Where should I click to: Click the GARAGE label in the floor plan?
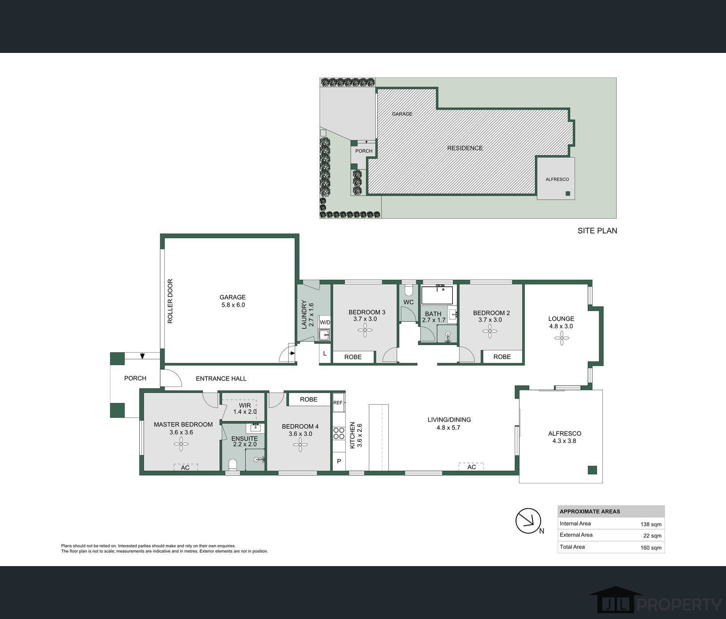[x=233, y=297]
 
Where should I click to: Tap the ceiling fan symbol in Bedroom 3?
[x=365, y=330]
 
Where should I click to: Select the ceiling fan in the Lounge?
[x=561, y=338]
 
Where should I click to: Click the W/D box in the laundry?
[x=325, y=322]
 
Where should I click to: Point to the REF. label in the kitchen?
[x=338, y=402]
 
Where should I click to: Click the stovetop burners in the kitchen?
[x=339, y=434]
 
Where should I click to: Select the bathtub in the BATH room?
[x=437, y=295]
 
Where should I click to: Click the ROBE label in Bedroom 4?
[x=308, y=399]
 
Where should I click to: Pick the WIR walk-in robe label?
[x=245, y=405]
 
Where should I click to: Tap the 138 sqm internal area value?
[x=651, y=524]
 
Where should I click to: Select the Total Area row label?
[x=572, y=547]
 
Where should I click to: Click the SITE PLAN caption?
[x=597, y=231]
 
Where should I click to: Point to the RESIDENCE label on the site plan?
[x=465, y=148]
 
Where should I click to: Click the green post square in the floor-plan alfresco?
[x=592, y=470]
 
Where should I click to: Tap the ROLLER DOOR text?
[x=170, y=301]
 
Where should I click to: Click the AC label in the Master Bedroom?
[x=185, y=467]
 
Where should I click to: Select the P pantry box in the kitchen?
[x=339, y=461]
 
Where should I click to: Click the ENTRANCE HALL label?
[x=221, y=378]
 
